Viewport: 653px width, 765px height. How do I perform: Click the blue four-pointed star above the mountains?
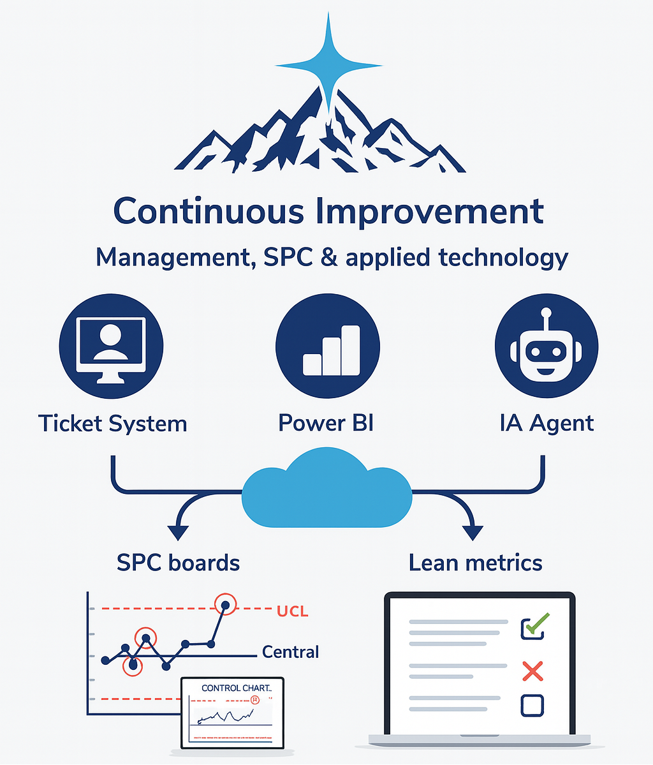[328, 64]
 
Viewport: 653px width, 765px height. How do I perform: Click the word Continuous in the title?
[209, 212]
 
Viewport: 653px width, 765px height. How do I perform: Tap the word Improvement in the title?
[430, 212]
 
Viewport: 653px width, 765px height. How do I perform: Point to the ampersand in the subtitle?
[329, 257]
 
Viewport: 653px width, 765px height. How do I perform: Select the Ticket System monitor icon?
[111, 346]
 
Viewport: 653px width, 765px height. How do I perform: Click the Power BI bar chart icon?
[328, 346]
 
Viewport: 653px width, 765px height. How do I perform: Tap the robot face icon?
[547, 346]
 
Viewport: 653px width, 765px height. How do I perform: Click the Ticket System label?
[113, 424]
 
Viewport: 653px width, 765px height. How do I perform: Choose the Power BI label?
[326, 422]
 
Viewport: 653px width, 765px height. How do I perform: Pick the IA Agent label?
[547, 424]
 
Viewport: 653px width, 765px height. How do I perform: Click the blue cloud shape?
[326, 489]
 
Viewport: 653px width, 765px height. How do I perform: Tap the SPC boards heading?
[178, 563]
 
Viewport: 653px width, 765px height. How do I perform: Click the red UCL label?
[293, 611]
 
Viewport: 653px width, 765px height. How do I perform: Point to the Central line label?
[291, 652]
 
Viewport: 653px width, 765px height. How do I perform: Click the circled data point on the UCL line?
[225, 605]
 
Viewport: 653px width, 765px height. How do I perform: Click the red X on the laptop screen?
[532, 671]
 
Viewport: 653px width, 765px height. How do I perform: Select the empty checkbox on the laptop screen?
[532, 706]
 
